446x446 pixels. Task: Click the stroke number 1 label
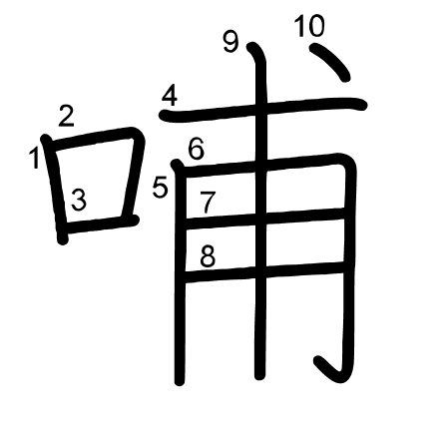[x=34, y=159]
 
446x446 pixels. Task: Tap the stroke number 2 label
[x=66, y=116]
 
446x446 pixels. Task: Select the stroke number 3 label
[x=79, y=200]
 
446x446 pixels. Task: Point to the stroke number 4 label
[x=170, y=96]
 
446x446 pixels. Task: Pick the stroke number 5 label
[x=160, y=189]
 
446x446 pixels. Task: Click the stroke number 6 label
[x=196, y=149]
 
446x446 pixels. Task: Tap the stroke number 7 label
[x=208, y=203]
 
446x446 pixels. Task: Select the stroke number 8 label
[x=208, y=256]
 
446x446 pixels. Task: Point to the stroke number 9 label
[x=230, y=42]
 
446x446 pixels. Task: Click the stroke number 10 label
[x=309, y=26]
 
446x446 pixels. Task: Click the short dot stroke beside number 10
[x=330, y=62]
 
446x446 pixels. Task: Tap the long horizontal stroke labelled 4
[x=262, y=109]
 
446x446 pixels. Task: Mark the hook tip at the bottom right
[x=318, y=360]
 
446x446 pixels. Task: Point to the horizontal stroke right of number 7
[x=265, y=220]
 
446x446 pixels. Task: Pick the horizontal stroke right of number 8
[x=264, y=271]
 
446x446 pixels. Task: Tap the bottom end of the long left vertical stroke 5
[x=180, y=382]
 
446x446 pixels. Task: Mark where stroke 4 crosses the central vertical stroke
[x=261, y=109]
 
